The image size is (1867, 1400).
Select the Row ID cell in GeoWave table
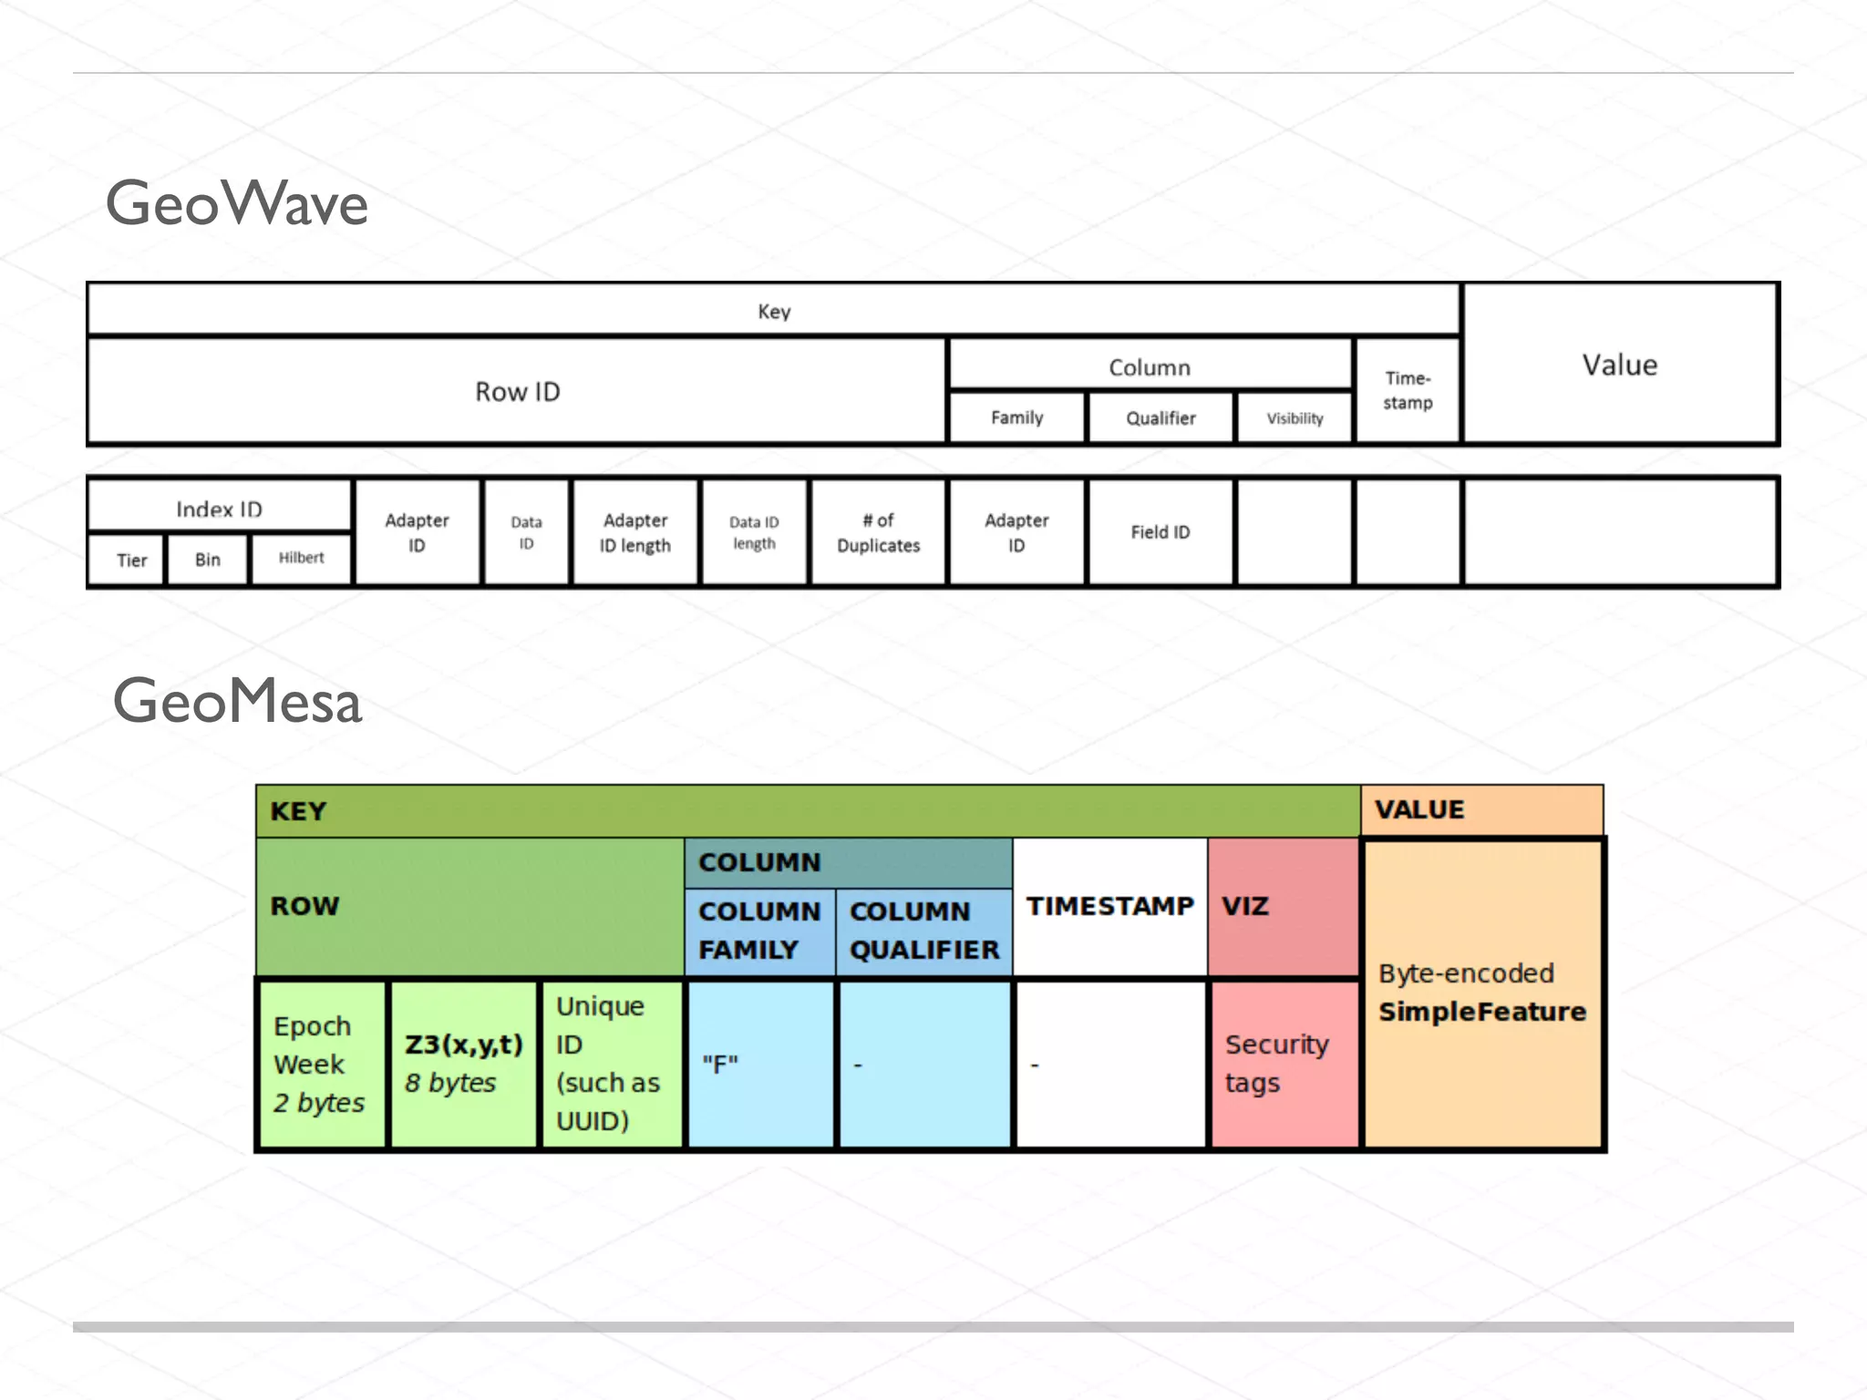pyautogui.click(x=517, y=392)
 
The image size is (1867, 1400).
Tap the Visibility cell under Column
pyautogui.click(x=1295, y=418)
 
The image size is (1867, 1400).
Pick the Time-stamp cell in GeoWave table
pyautogui.click(x=1408, y=390)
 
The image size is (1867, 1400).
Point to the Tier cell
pyautogui.click(x=131, y=560)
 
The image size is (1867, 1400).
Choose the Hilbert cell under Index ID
pyautogui.click(x=301, y=558)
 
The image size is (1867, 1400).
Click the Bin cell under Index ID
pyautogui.click(x=208, y=560)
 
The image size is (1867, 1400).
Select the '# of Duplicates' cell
pyautogui.click(x=878, y=532)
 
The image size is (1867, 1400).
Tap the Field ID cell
pyautogui.click(x=1160, y=532)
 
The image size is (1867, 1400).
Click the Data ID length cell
pyautogui.click(x=754, y=532)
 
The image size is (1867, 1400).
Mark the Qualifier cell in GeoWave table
pyautogui.click(x=1160, y=418)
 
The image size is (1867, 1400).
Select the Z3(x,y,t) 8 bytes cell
pyautogui.click(x=463, y=1064)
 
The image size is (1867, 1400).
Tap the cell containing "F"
pyautogui.click(x=759, y=1064)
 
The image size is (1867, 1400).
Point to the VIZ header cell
pyautogui.click(x=1282, y=906)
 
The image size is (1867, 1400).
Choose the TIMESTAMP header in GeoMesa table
pyautogui.click(x=1109, y=906)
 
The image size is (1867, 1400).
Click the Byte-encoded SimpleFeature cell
pyautogui.click(x=1482, y=993)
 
